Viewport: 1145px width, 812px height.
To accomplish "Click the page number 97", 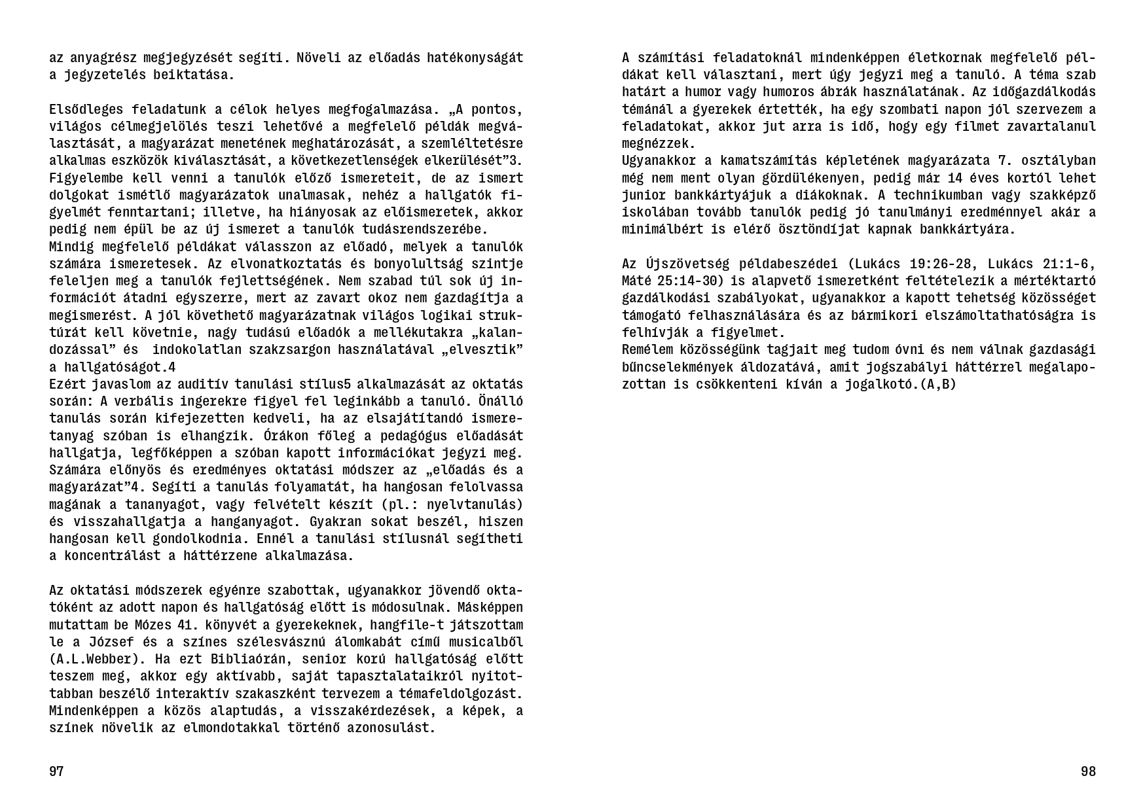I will (56, 771).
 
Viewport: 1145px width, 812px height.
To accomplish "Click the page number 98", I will (1088, 771).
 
